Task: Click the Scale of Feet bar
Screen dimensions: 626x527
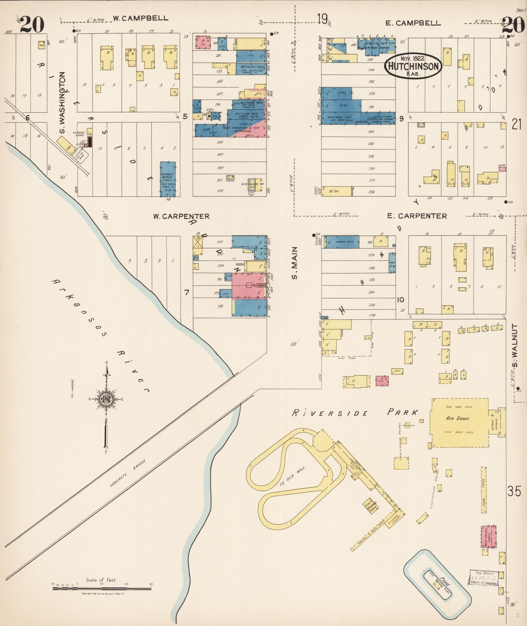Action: pyautogui.click(x=102, y=589)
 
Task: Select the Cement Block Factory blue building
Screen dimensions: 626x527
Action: pyautogui.click(x=168, y=179)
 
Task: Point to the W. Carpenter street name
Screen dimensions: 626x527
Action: pyautogui.click(x=181, y=216)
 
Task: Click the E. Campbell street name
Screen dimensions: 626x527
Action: pyautogui.click(x=413, y=23)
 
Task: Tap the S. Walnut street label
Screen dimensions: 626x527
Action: pyautogui.click(x=515, y=346)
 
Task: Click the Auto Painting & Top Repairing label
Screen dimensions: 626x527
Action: pyautogui.click(x=241, y=129)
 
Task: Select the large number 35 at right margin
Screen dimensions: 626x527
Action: pyautogui.click(x=514, y=491)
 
